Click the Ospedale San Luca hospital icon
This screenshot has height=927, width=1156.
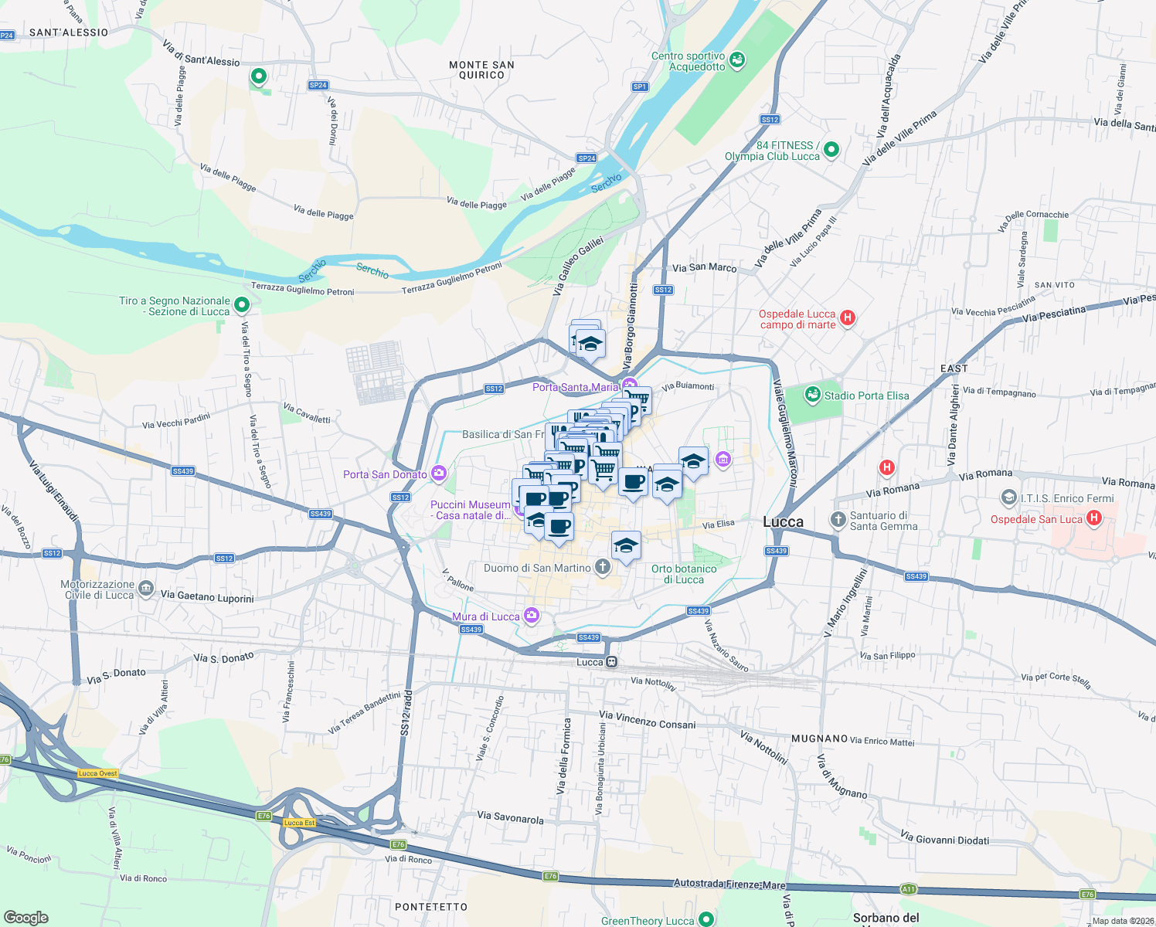click(x=1093, y=518)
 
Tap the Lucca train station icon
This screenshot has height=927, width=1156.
click(x=611, y=662)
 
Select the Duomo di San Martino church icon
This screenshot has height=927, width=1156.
click(x=603, y=567)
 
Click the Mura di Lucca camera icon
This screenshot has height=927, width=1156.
click(x=531, y=616)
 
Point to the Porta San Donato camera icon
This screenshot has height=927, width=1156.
click(x=439, y=474)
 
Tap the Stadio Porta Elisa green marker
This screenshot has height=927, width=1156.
click(x=812, y=396)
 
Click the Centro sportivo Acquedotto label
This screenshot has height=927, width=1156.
click(x=688, y=61)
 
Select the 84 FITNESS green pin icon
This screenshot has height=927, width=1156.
click(x=831, y=149)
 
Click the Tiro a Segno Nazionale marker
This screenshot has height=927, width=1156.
click(x=241, y=305)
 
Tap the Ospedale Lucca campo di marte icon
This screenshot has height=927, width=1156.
click(x=848, y=317)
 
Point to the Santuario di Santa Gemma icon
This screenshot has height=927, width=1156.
click(x=838, y=520)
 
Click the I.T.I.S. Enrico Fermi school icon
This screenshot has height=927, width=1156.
click(x=1008, y=497)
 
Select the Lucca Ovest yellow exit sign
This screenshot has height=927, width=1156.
click(x=98, y=773)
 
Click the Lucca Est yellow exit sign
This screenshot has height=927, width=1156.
click(x=299, y=823)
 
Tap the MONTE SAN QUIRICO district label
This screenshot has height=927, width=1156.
click(x=481, y=70)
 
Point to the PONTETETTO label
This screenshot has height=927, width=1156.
click(x=431, y=907)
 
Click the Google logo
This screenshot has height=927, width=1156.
click(x=25, y=917)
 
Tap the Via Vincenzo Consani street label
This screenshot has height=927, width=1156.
click(x=648, y=720)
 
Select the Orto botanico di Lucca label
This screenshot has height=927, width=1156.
click(x=684, y=574)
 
